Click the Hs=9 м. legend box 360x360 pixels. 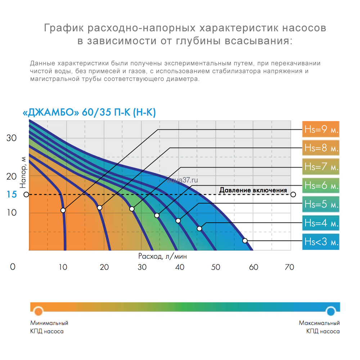point(321,129)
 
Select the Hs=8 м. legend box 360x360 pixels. point(321,148)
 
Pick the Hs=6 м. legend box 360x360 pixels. point(321,185)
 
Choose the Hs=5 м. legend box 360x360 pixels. point(321,204)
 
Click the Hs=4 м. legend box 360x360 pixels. point(321,223)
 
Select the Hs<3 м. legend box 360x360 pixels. point(321,242)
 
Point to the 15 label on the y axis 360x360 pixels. point(12,195)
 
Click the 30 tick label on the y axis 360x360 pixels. point(12,138)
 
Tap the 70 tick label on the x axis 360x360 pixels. point(289,267)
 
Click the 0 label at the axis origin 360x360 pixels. point(13,267)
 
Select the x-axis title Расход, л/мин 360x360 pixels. point(162,257)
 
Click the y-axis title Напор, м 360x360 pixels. point(23,171)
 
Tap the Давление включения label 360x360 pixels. point(253,190)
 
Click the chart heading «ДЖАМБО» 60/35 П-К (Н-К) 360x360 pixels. point(89,113)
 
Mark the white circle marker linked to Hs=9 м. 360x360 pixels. point(63,210)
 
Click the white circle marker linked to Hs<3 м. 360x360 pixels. point(245,240)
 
